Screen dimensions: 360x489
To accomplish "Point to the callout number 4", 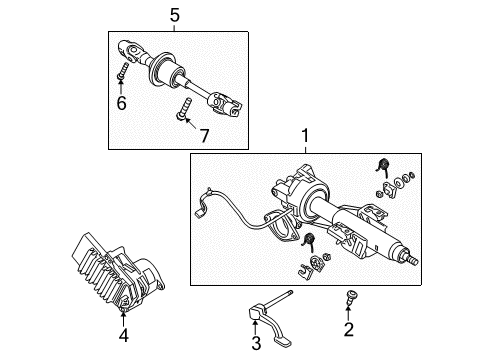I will (x=124, y=336).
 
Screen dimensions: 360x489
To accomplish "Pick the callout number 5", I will (x=174, y=15).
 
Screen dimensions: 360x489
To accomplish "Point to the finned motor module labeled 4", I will (x=116, y=285).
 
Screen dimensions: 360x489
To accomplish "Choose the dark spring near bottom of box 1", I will (x=308, y=266).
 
